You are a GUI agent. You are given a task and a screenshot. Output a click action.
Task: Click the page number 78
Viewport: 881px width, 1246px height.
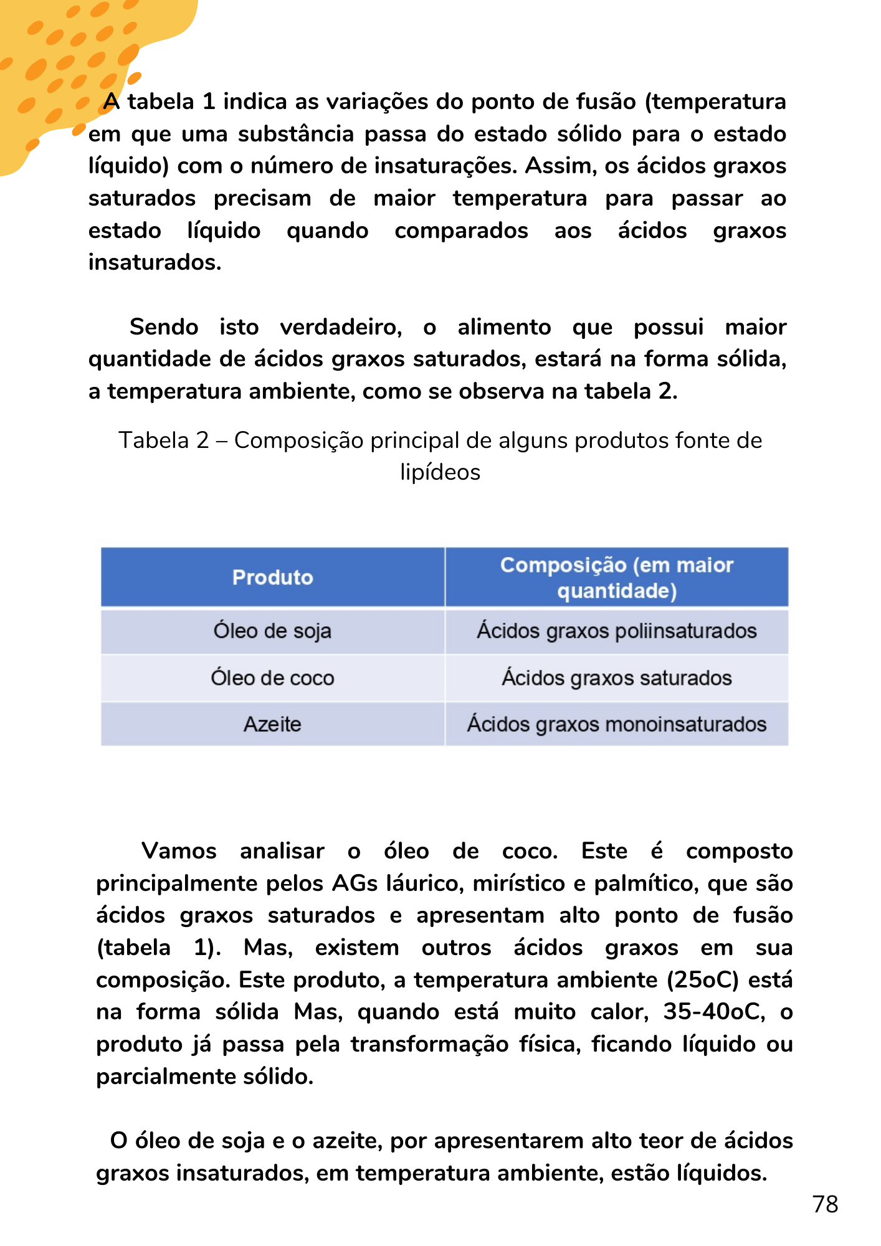tap(825, 1204)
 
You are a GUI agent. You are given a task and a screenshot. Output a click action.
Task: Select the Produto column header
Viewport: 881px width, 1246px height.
tap(272, 578)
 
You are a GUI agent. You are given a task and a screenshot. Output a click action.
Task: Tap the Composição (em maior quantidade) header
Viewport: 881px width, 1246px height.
tap(616, 578)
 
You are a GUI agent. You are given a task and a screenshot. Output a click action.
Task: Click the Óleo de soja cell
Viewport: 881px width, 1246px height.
tap(272, 631)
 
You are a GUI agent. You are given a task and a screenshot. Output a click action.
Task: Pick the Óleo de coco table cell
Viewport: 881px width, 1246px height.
tap(272, 678)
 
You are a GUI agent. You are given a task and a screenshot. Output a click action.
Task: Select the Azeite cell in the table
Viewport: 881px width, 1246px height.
tap(272, 725)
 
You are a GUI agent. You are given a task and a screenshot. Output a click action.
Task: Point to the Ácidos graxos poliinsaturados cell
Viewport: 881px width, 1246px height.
tap(616, 631)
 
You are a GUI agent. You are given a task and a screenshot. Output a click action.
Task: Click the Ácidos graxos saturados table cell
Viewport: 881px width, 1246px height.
tap(616, 678)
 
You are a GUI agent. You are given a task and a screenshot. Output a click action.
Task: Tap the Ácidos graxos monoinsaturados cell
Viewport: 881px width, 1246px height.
tap(616, 725)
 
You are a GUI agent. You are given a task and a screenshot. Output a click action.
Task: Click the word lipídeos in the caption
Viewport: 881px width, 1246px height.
tap(440, 472)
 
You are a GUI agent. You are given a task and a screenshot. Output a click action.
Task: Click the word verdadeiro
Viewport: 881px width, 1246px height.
tap(341, 327)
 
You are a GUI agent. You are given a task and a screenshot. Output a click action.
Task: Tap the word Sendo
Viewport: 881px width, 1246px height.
tap(164, 327)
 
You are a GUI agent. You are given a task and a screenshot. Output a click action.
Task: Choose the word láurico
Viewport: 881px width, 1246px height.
tap(424, 883)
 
